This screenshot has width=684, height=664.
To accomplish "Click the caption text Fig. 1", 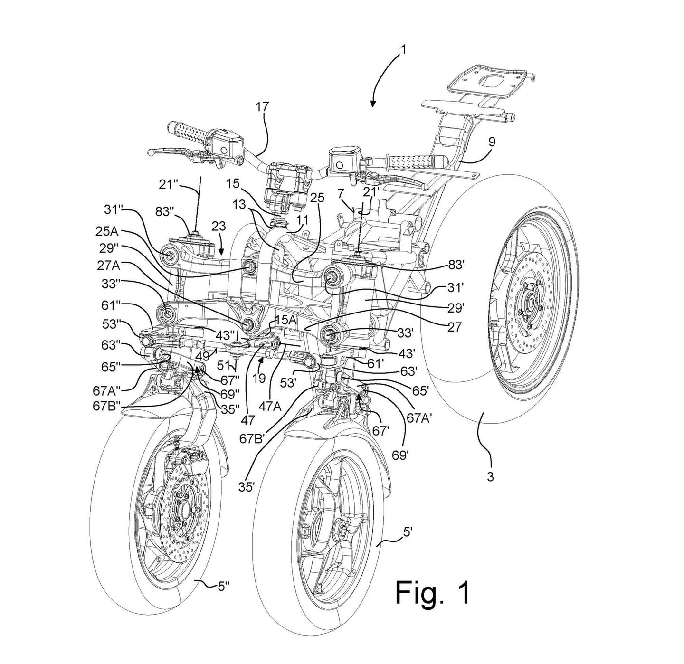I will coord(433,592).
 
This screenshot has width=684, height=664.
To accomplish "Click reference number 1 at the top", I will coord(402,49).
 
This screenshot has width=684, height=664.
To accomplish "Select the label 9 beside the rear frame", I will coord(491,141).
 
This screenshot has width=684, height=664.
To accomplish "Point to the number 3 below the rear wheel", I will coord(490,476).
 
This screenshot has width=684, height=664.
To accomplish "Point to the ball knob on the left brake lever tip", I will coord(151,152).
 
